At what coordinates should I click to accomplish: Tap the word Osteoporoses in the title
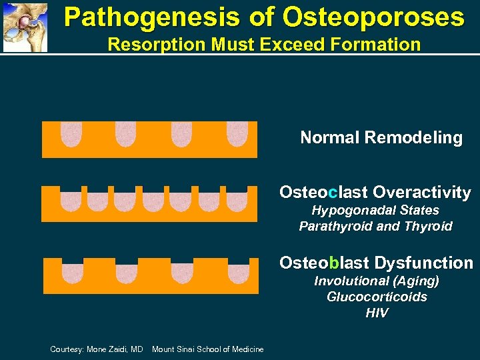[373, 17]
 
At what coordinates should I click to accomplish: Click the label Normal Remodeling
[381, 138]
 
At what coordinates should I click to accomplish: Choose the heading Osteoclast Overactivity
[375, 193]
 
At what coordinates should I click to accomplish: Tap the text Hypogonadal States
[375, 211]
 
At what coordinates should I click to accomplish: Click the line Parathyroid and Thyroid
[375, 227]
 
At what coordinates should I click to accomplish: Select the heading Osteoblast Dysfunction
[376, 263]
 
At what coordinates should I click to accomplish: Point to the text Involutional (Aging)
[377, 281]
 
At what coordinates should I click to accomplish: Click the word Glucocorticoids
[377, 297]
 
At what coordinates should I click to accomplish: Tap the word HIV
[377, 313]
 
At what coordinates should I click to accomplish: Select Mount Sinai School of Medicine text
[207, 349]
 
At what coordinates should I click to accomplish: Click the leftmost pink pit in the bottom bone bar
[71, 272]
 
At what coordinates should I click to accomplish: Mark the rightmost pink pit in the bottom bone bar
[237, 273]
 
